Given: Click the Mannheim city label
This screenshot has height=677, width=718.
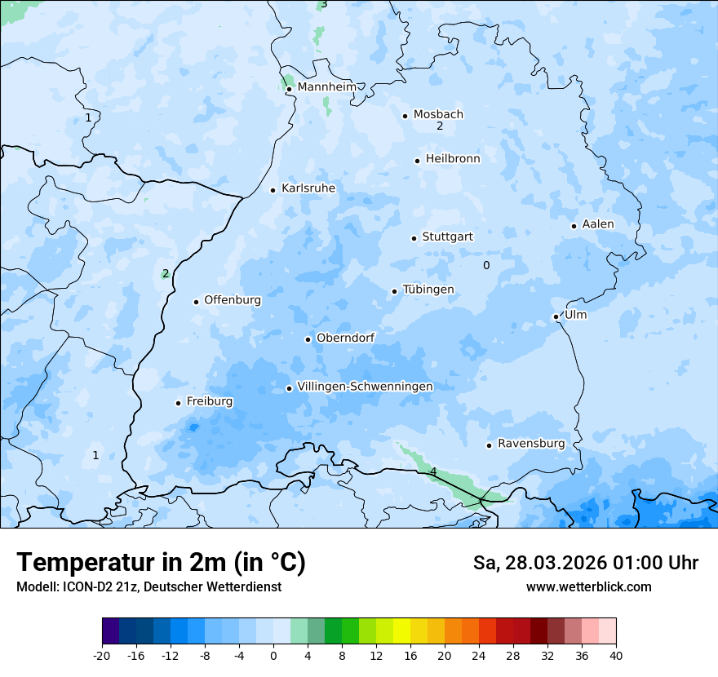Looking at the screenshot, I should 326,87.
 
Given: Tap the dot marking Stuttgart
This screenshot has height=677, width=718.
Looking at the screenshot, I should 414,238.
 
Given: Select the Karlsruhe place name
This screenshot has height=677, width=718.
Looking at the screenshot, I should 308,188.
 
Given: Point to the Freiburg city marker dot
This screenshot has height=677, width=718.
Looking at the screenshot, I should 178,403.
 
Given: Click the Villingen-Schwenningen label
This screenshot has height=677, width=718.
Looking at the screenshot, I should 365,387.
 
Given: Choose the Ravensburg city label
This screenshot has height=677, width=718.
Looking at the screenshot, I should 530,444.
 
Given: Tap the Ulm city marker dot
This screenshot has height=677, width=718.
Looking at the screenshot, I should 556,316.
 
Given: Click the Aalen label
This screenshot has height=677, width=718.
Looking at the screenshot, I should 597,224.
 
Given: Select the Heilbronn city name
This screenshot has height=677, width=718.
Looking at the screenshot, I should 453,159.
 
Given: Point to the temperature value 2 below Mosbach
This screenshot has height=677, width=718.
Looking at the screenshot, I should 440,126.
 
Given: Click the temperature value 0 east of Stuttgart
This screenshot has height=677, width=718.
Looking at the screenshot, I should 486,265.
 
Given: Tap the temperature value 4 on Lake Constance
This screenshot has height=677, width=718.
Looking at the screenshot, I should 433,472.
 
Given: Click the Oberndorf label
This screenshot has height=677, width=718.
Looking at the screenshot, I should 345,338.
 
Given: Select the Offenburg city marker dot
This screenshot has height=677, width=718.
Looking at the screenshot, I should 196,302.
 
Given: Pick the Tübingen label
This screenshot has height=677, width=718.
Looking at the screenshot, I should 428,290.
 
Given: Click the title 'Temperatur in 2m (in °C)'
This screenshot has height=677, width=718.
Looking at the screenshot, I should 161,562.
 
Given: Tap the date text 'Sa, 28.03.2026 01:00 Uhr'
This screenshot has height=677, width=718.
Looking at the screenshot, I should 585,563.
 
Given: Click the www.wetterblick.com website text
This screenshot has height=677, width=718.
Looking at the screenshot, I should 588,587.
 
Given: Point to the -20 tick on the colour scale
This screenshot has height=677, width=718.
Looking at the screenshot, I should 102,655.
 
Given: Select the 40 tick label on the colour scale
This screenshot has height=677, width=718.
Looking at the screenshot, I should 616,655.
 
